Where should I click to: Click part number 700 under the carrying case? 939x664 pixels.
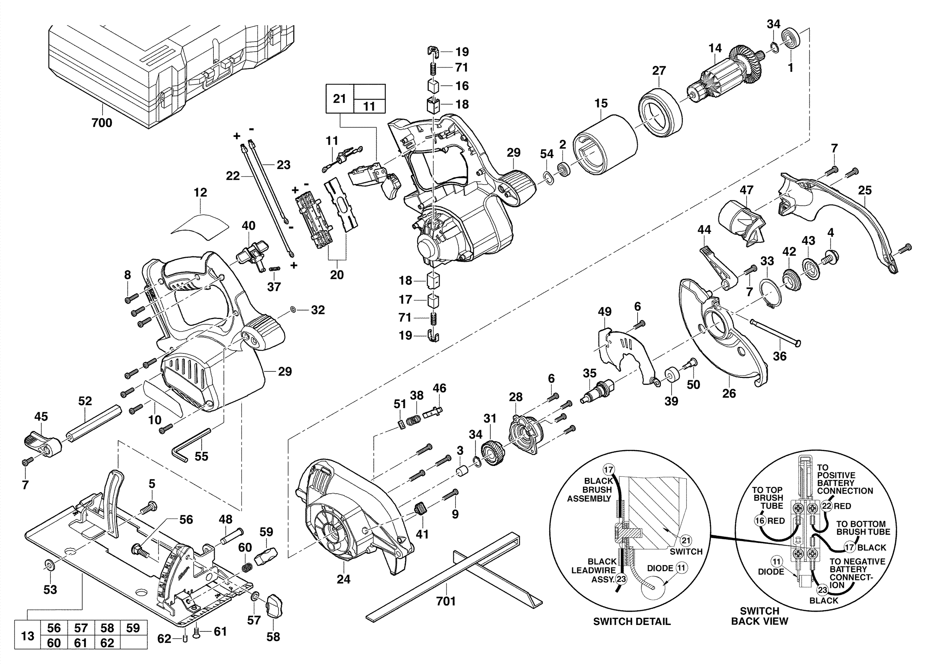(x=101, y=123)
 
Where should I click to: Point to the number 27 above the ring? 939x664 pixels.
(x=659, y=71)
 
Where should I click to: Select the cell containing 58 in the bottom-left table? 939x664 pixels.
(x=107, y=628)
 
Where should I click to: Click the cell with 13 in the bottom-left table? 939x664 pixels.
(x=28, y=635)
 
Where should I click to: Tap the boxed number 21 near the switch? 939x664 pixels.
(x=339, y=99)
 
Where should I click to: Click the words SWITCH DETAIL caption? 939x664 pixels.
(x=631, y=622)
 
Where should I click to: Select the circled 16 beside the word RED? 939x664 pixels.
(x=760, y=521)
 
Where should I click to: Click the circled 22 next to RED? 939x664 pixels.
(x=827, y=506)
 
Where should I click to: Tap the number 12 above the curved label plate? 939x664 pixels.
(x=200, y=192)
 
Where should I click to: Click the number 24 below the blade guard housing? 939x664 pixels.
(x=343, y=579)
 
